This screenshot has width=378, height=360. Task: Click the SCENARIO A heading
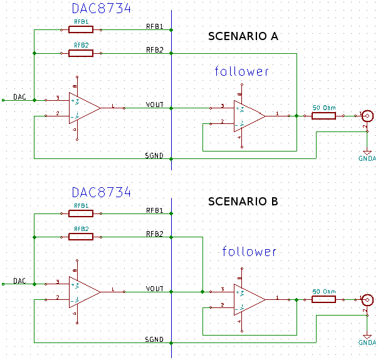243,37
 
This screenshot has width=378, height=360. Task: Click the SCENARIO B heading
243,202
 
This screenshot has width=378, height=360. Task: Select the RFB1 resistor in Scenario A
80,29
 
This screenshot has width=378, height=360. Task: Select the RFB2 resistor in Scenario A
80,53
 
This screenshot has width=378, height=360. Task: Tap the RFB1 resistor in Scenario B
80,213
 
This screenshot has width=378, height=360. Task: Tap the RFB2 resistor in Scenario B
80,237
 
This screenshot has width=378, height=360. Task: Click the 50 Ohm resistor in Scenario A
323,116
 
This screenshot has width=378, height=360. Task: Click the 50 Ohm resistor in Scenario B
323,299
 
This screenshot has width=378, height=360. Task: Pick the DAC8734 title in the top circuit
102,9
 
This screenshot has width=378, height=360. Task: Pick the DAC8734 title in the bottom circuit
102,192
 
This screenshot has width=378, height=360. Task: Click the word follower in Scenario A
242,71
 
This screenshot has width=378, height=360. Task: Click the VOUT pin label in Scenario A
154,105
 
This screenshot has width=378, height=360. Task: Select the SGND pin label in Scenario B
154,339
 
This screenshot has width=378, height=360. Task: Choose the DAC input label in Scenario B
19,282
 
